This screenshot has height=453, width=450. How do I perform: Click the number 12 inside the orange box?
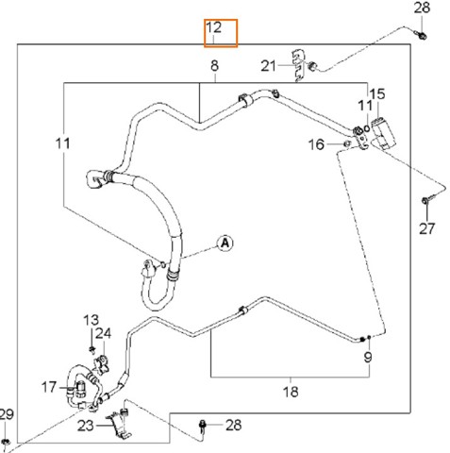pyautogui.click(x=214, y=27)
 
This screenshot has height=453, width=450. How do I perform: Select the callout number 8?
pyautogui.click(x=214, y=66)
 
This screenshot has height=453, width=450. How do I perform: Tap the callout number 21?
pyautogui.click(x=268, y=66)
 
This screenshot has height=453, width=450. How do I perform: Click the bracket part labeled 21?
pyautogui.click(x=298, y=65)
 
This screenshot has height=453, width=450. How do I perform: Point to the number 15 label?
pyautogui.click(x=377, y=94)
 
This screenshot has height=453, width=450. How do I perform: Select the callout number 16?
pyautogui.click(x=316, y=144)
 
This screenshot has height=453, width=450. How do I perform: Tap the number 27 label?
pyautogui.click(x=426, y=228)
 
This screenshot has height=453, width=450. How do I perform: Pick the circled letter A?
pyautogui.click(x=225, y=243)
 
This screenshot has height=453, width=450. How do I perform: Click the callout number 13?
pyautogui.click(x=92, y=320)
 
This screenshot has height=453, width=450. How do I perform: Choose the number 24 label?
pyautogui.click(x=104, y=333)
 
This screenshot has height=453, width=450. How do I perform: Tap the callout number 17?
pyautogui.click(x=49, y=387)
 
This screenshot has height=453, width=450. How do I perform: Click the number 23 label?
pyautogui.click(x=86, y=426)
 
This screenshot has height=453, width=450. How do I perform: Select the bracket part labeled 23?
pyautogui.click(x=119, y=425)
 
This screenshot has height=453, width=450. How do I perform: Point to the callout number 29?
pyautogui.click(x=7, y=414)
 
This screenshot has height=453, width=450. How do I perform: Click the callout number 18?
pyautogui.click(x=291, y=392)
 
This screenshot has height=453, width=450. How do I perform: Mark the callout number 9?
pyautogui.click(x=368, y=357)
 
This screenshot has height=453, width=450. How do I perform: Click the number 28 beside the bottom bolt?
pyautogui.click(x=234, y=425)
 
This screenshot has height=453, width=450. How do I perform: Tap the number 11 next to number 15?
pyautogui.click(x=365, y=106)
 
